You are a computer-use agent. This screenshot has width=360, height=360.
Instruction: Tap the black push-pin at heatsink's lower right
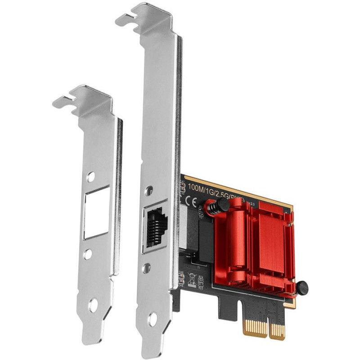pos(301,286)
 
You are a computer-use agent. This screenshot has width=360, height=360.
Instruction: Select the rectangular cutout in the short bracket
pos(96,211)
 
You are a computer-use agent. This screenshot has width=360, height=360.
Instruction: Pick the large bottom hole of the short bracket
pos(93,305)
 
